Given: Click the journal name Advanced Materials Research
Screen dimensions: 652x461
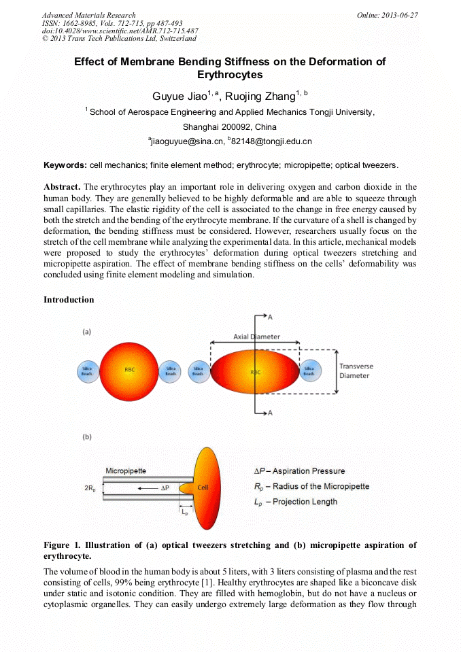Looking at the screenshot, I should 88,15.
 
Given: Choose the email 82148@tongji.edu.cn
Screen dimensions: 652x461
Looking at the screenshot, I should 272,141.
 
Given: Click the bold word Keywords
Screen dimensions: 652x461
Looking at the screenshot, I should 65,165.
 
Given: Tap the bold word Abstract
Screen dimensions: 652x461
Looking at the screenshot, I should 62,186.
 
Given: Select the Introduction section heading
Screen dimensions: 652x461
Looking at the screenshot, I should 69,300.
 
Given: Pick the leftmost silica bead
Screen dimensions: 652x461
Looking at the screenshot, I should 89,372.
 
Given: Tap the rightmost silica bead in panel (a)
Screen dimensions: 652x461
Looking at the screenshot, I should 309,372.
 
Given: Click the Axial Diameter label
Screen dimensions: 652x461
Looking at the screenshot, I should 256,337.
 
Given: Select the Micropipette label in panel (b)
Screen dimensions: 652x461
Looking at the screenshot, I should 127,470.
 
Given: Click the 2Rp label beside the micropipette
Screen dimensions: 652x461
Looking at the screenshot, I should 90,488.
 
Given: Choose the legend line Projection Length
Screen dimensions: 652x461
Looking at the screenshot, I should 295,502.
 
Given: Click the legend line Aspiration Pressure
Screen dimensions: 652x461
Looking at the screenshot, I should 299,470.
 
